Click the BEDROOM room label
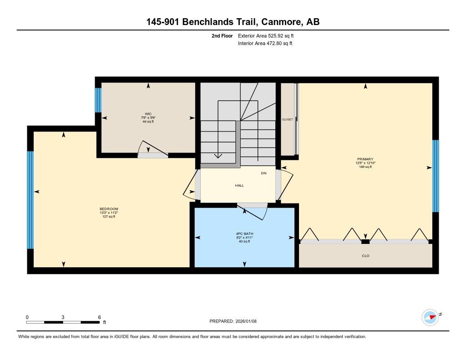click(109, 209)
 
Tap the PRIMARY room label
click(365, 159)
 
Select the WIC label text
click(148, 114)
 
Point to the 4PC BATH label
click(244, 233)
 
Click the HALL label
click(239, 186)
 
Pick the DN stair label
click(263, 173)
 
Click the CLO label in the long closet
click(365, 256)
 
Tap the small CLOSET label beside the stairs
click(288, 120)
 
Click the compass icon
click(430, 317)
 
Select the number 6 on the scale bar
click(100, 317)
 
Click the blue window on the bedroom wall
click(30, 200)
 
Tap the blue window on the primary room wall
click(436, 176)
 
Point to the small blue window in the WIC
click(98, 100)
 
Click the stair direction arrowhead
click(218, 156)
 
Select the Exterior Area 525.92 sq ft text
click(266, 35)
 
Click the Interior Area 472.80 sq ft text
click(265, 43)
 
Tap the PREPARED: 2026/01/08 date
click(233, 321)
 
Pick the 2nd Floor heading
click(222, 35)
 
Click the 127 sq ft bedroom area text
click(109, 217)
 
